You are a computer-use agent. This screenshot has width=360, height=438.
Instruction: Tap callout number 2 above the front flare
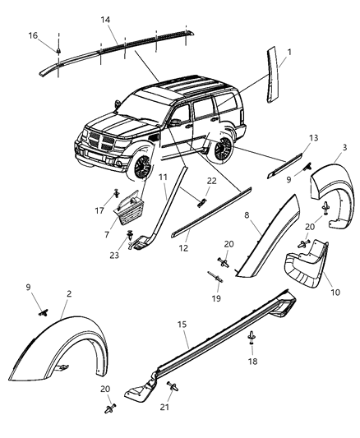[69, 293]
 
